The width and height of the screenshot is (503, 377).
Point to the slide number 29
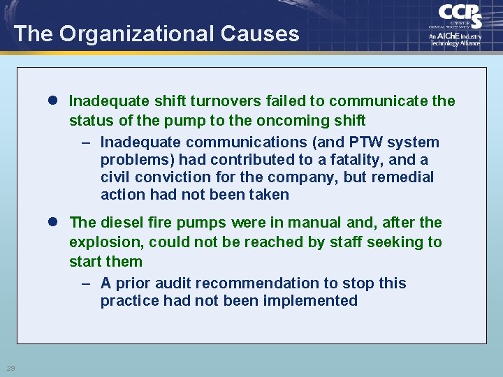click(x=10, y=368)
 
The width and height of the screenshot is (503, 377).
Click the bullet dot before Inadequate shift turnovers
click(x=54, y=101)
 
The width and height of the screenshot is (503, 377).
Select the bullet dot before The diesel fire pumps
click(x=54, y=223)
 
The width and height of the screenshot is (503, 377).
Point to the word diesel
click(x=122, y=223)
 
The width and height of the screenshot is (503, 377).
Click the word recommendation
click(x=270, y=283)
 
